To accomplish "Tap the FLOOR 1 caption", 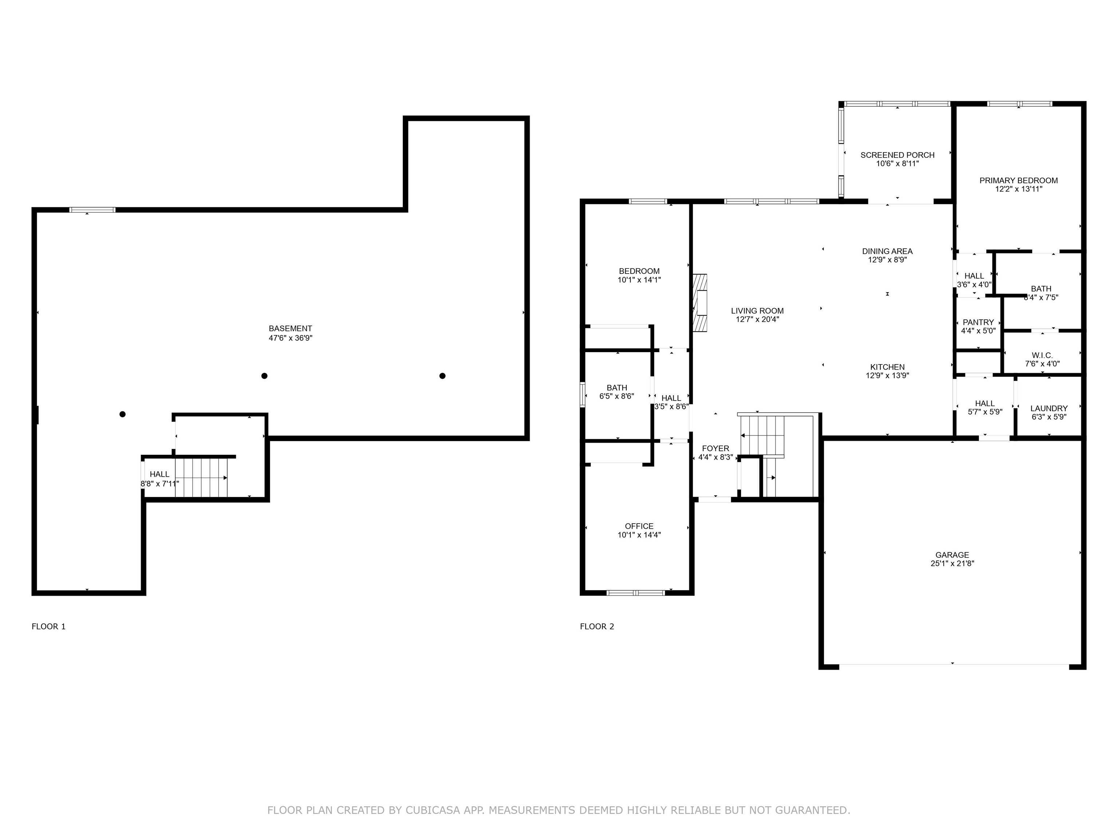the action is click(x=48, y=627).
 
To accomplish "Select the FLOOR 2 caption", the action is click(x=597, y=627).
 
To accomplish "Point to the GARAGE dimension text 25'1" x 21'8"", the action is click(x=952, y=563).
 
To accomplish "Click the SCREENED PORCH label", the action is click(x=897, y=155).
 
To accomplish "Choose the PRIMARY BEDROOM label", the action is click(x=1018, y=181).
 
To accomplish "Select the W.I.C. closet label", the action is click(x=1042, y=355).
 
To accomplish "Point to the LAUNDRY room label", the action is click(x=1049, y=409).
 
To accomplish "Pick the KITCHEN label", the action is click(x=888, y=367).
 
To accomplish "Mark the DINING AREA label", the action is click(x=888, y=251).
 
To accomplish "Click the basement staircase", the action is click(x=202, y=478).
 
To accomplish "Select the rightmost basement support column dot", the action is click(x=442, y=376).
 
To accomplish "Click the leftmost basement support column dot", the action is click(x=122, y=414).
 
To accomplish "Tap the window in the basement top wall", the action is click(x=92, y=210).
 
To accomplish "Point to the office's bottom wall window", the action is click(x=636, y=593).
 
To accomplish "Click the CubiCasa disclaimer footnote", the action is click(x=559, y=810).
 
